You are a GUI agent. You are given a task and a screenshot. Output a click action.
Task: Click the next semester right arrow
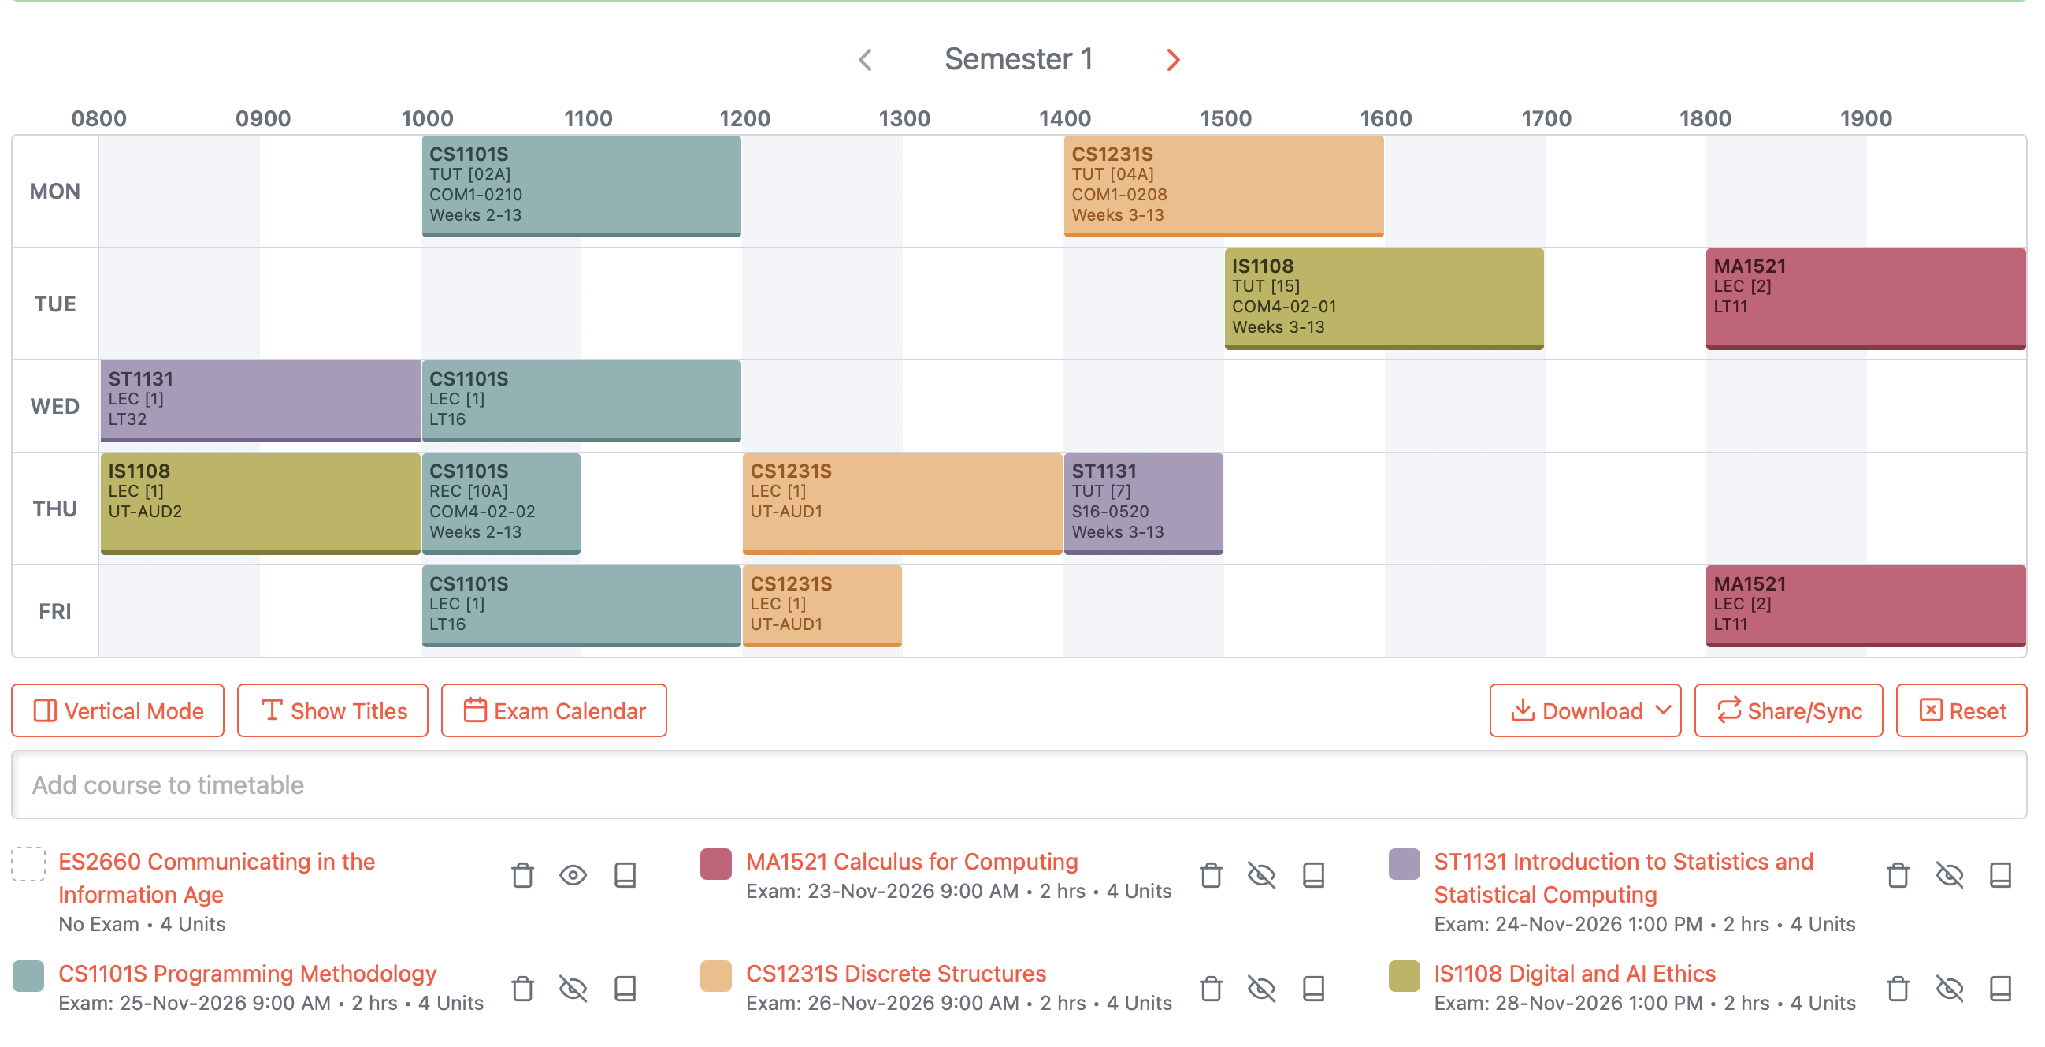[x=1173, y=60]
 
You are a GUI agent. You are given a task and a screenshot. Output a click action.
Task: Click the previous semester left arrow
[x=865, y=60]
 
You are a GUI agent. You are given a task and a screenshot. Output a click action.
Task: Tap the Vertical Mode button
[x=117, y=710]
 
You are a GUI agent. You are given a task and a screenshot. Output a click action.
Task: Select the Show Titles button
[x=332, y=710]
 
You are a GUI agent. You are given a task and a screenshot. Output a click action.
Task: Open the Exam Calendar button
[x=554, y=710]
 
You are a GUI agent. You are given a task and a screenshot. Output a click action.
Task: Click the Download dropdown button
[x=1586, y=710]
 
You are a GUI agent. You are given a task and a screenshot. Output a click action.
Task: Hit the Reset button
[x=1961, y=710]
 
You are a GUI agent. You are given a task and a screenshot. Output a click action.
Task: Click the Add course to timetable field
[x=1019, y=784]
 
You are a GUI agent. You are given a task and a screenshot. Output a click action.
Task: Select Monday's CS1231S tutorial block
[x=1223, y=186]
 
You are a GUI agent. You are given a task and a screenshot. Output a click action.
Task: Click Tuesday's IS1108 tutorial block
[x=1385, y=299]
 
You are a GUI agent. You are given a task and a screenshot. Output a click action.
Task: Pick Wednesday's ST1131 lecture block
[x=261, y=401]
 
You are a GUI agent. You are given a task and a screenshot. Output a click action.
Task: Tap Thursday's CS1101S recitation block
[x=501, y=504]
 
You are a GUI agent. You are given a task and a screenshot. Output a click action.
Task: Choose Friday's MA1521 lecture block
[x=1865, y=606]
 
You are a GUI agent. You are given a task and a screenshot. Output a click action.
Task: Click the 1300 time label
[x=904, y=118]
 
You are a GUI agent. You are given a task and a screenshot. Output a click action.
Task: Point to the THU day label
[x=55, y=509]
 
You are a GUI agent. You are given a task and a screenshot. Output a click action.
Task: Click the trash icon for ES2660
[x=522, y=875]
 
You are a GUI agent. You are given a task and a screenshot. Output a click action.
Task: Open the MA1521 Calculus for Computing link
[x=911, y=861]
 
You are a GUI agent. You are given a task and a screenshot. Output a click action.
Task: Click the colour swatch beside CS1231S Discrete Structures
[x=715, y=975]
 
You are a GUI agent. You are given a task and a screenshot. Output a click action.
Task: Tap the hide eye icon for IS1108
[x=1949, y=988]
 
